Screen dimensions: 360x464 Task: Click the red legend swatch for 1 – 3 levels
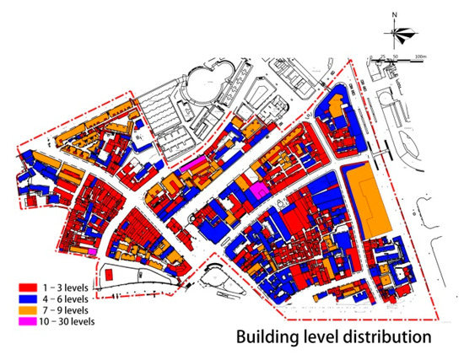pos(28,288)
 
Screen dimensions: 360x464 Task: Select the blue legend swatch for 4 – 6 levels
pos(28,299)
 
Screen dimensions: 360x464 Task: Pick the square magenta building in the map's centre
pos(259,191)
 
